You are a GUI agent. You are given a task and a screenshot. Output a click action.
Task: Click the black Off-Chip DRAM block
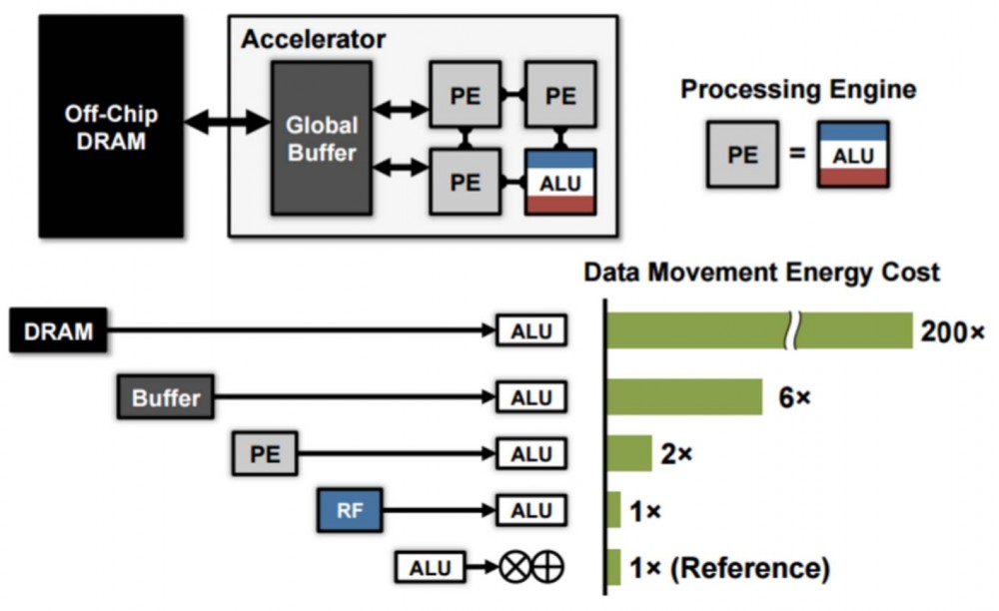(111, 126)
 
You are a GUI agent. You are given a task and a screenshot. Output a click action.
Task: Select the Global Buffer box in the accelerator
(321, 139)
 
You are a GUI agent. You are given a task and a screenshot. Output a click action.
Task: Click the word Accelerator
(313, 40)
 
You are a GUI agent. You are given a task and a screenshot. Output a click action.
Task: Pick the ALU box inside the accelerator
(560, 182)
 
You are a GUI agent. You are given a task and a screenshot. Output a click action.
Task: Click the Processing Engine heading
(798, 90)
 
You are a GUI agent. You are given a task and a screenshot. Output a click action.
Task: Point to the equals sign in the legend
(797, 156)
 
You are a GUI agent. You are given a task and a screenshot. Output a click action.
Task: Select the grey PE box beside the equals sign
(741, 156)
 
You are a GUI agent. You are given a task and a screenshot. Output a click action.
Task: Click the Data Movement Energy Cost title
(761, 272)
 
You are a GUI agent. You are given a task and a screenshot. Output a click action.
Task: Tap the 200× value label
(953, 331)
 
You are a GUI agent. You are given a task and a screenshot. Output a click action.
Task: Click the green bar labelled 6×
(685, 397)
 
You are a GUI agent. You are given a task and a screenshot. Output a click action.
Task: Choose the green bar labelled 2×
(629, 454)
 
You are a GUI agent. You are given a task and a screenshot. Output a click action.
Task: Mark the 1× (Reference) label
(729, 568)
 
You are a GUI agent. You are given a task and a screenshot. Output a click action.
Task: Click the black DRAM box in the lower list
(59, 331)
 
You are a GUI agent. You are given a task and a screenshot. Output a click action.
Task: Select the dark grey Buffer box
(166, 397)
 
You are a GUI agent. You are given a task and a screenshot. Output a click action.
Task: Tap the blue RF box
(350, 511)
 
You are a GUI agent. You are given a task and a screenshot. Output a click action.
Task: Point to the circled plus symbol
(548, 568)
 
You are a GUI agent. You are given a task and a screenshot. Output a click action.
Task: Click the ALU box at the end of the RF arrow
(531, 511)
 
